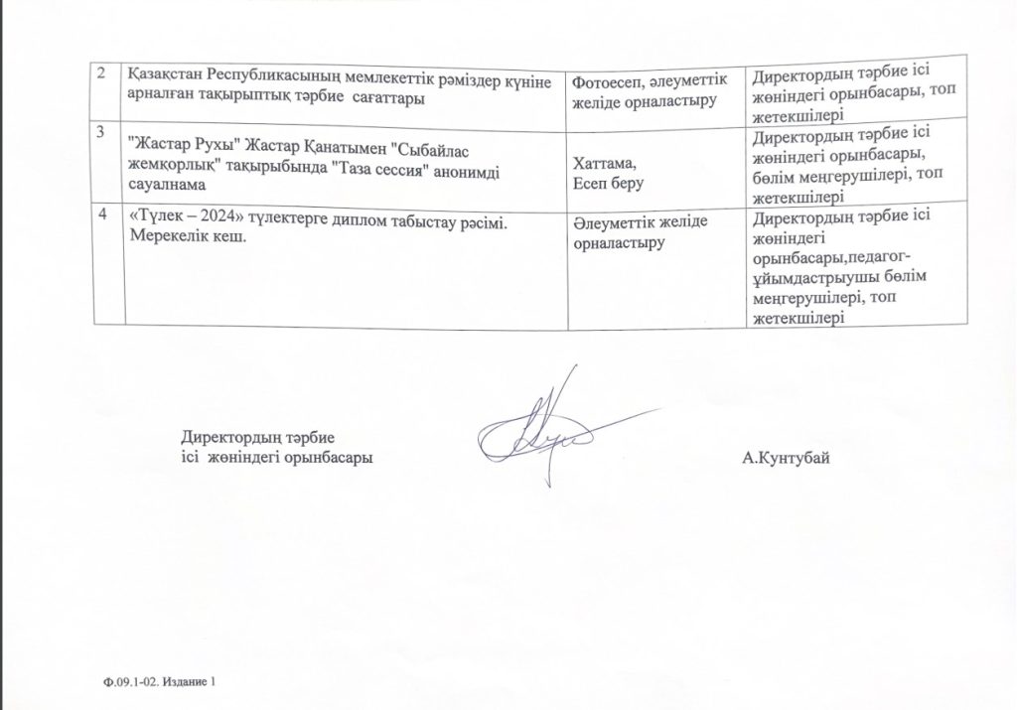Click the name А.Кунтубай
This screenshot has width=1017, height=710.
[785, 458]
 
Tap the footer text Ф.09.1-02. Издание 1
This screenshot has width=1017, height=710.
[157, 682]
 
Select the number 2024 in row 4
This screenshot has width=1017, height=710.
[220, 222]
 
